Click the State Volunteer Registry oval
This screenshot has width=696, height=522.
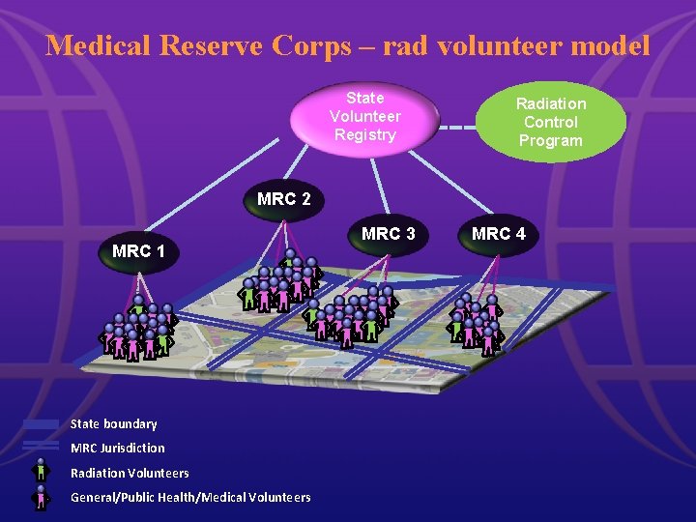[x=364, y=116]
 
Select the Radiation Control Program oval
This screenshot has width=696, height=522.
[x=550, y=122]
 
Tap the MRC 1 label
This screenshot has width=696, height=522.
[x=138, y=251]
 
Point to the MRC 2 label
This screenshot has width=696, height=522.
[x=284, y=200]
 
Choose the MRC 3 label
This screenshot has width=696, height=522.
[x=388, y=234]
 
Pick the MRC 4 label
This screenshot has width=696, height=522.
[x=499, y=234]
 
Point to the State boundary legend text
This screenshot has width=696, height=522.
[x=113, y=423]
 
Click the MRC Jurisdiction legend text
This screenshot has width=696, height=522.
[x=117, y=448]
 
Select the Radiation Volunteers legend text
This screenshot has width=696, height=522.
[x=130, y=473]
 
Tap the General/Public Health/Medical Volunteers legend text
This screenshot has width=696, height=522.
[x=190, y=497]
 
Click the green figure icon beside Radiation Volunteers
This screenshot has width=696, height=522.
[x=41, y=471]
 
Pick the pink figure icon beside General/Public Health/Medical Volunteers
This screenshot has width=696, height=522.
[x=41, y=497]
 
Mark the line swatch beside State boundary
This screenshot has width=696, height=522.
[x=41, y=424]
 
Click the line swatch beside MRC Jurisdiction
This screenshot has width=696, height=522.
[x=41, y=446]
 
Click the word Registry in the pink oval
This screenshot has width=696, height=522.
[x=364, y=134]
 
